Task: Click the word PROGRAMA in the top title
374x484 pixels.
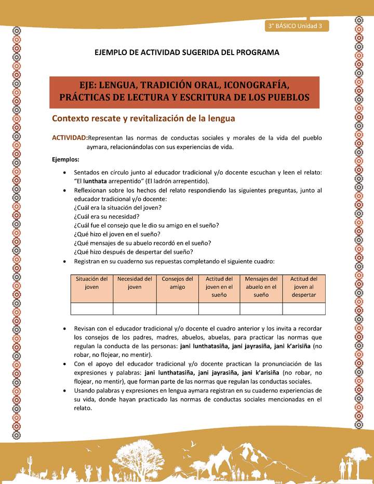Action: (x=257, y=52)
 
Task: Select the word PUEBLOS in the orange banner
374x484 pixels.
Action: (x=281, y=97)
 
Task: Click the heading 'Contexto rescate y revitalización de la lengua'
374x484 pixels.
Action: (x=143, y=118)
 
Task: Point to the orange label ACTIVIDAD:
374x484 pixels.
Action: (x=70, y=138)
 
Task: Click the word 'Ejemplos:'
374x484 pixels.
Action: (x=65, y=159)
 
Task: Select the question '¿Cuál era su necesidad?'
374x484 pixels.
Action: (x=106, y=216)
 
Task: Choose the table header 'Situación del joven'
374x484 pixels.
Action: (x=91, y=283)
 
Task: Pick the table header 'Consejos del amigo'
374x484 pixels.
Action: (x=177, y=283)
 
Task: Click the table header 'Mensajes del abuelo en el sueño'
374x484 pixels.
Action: (x=261, y=287)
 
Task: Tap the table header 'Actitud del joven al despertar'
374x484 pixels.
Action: (x=303, y=287)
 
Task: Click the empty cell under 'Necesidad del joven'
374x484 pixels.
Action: (x=135, y=309)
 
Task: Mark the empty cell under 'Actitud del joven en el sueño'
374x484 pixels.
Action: (x=219, y=309)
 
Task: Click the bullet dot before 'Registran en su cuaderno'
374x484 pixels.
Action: (x=63, y=261)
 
